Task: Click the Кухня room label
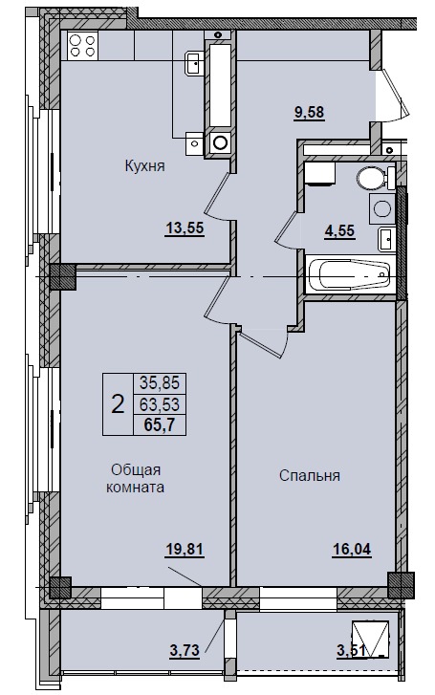(144, 166)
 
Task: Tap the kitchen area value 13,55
(185, 228)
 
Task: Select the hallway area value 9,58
(310, 112)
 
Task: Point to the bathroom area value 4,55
(339, 230)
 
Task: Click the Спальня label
(310, 475)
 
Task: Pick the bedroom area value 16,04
(352, 550)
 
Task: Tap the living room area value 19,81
(185, 550)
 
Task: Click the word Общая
(136, 469)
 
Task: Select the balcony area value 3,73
(185, 650)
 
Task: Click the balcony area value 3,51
(352, 650)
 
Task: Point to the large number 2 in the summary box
(118, 404)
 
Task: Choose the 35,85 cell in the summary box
(160, 381)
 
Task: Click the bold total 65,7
(160, 425)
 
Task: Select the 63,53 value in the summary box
(160, 403)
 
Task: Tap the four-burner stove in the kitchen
(82, 45)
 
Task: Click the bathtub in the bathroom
(349, 274)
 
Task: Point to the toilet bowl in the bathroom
(376, 177)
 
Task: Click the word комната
(136, 488)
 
